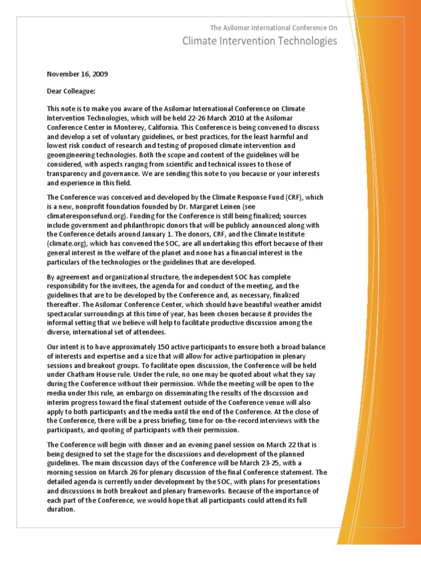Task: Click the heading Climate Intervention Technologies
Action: [x=260, y=42]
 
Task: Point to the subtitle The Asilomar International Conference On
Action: [x=274, y=27]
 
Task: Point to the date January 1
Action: [x=155, y=234]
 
